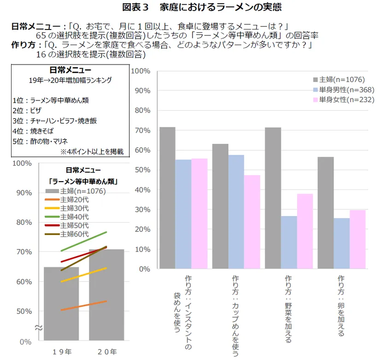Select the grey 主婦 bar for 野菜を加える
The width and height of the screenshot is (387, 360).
point(273,198)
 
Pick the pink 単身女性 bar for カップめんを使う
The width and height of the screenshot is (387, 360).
point(252,222)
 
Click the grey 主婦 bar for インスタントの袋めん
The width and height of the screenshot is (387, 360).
point(167,198)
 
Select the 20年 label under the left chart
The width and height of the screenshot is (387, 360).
point(106,352)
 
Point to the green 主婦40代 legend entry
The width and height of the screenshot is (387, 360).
point(75,217)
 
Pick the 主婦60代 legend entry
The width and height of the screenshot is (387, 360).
point(75,234)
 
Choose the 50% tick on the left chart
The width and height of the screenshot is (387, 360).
point(23,311)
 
